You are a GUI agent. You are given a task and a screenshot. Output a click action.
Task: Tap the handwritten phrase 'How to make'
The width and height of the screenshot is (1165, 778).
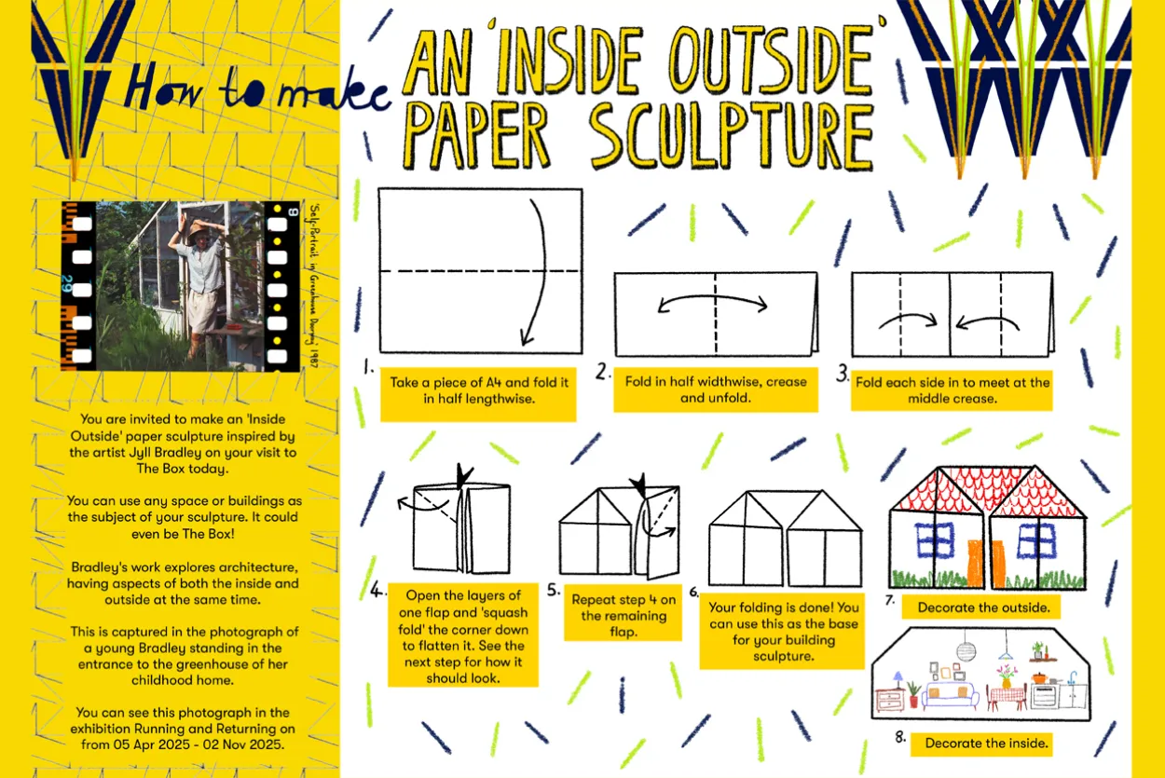coord(256,89)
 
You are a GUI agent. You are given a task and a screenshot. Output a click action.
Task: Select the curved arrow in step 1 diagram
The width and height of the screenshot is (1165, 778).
coord(537,270)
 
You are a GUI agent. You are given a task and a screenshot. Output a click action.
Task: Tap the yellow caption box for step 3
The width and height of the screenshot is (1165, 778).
coord(952,390)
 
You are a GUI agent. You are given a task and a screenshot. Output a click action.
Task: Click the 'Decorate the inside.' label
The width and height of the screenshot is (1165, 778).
coord(986,743)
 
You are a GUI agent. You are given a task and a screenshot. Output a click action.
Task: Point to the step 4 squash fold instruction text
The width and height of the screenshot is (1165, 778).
coord(462,635)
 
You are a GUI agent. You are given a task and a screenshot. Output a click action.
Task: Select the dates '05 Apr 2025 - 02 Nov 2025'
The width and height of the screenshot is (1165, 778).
coord(184,744)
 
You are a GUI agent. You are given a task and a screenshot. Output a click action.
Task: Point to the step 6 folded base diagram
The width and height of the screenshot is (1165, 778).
coord(785,541)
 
